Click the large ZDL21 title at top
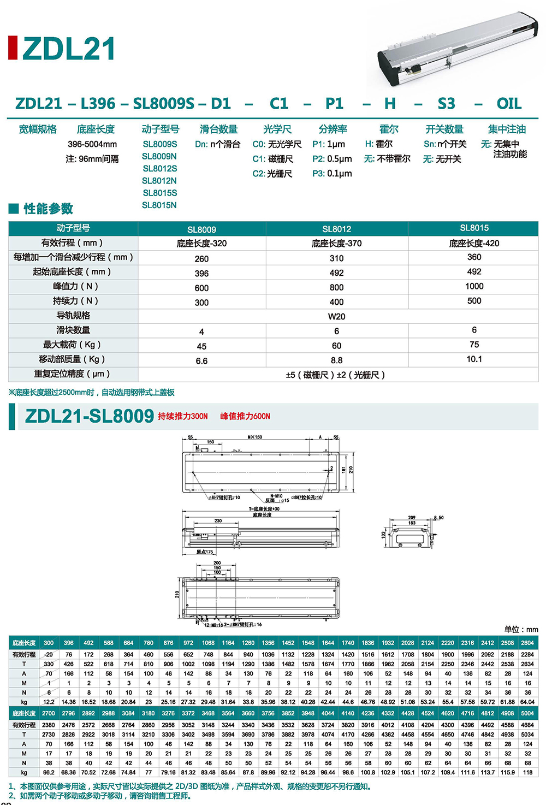point(69,49)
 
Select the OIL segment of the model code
point(509,104)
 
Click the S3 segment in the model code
point(446,104)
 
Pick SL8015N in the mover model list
point(159,205)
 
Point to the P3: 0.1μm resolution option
point(332,174)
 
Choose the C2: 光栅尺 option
point(272,174)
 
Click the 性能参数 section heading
point(48,209)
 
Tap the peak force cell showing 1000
point(474,286)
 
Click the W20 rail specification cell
point(336,317)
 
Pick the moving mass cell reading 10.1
point(474,359)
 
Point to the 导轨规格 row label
point(73,316)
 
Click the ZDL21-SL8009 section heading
point(90,416)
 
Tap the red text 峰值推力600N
point(245,416)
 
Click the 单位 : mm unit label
point(521,630)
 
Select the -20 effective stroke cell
point(49,655)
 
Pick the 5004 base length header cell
point(527,713)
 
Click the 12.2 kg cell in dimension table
point(49,702)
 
